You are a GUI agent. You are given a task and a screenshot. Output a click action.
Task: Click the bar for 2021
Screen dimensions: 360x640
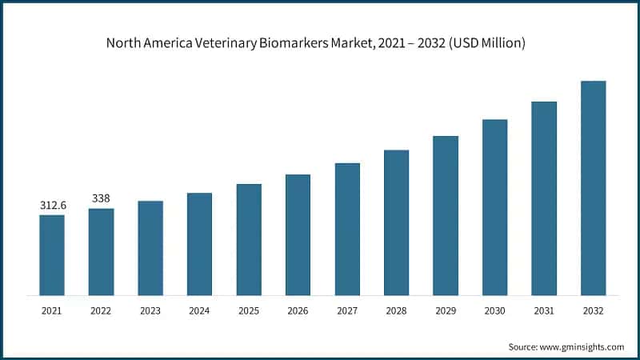[x=52, y=254]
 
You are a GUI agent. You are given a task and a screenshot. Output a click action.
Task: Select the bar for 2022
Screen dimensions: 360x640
[x=101, y=251]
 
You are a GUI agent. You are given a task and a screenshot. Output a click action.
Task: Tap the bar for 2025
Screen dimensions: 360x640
[x=249, y=239]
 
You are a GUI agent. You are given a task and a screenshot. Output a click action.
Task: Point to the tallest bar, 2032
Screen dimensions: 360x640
[x=593, y=187]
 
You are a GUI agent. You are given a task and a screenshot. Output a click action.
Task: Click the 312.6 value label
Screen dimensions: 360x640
[x=53, y=206]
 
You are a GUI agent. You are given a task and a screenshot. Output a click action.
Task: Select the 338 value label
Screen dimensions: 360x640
[x=101, y=198]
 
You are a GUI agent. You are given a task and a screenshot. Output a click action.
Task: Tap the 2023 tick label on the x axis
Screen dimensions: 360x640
[x=150, y=310]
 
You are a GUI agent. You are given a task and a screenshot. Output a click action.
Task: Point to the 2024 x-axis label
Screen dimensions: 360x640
[x=199, y=310]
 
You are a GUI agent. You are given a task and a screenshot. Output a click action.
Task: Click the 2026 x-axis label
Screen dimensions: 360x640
[x=298, y=310]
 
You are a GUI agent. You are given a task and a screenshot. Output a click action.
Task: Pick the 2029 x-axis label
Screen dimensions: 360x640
[x=446, y=310]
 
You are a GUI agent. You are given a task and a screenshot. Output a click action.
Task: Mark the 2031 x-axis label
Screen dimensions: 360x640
[x=544, y=310]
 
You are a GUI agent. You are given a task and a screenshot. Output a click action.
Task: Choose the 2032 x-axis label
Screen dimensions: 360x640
[x=593, y=310]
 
